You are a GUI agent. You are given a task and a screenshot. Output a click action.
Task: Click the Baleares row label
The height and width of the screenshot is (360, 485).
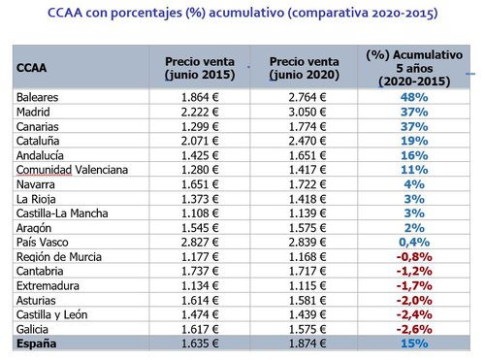tap(39, 98)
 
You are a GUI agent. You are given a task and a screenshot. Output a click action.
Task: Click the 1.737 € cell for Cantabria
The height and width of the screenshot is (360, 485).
tap(202, 272)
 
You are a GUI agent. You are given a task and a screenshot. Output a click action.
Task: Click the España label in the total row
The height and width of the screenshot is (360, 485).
tap(38, 344)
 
